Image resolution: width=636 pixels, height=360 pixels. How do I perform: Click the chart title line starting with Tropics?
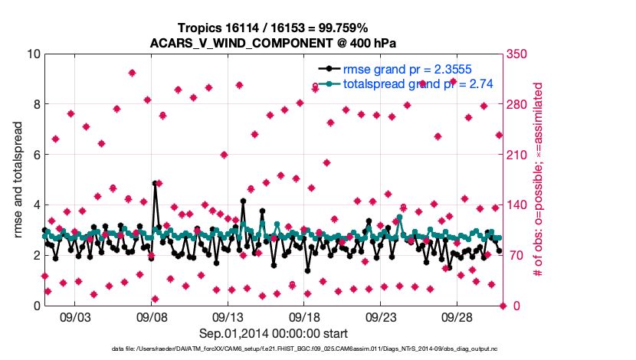point(273,28)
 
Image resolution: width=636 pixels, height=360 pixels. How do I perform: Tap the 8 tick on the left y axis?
point(35,104)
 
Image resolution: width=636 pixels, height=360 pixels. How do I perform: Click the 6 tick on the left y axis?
point(35,155)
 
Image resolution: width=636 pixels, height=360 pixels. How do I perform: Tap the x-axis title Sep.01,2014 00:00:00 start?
point(274,333)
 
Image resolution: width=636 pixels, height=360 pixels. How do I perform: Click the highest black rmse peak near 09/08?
point(155,183)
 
